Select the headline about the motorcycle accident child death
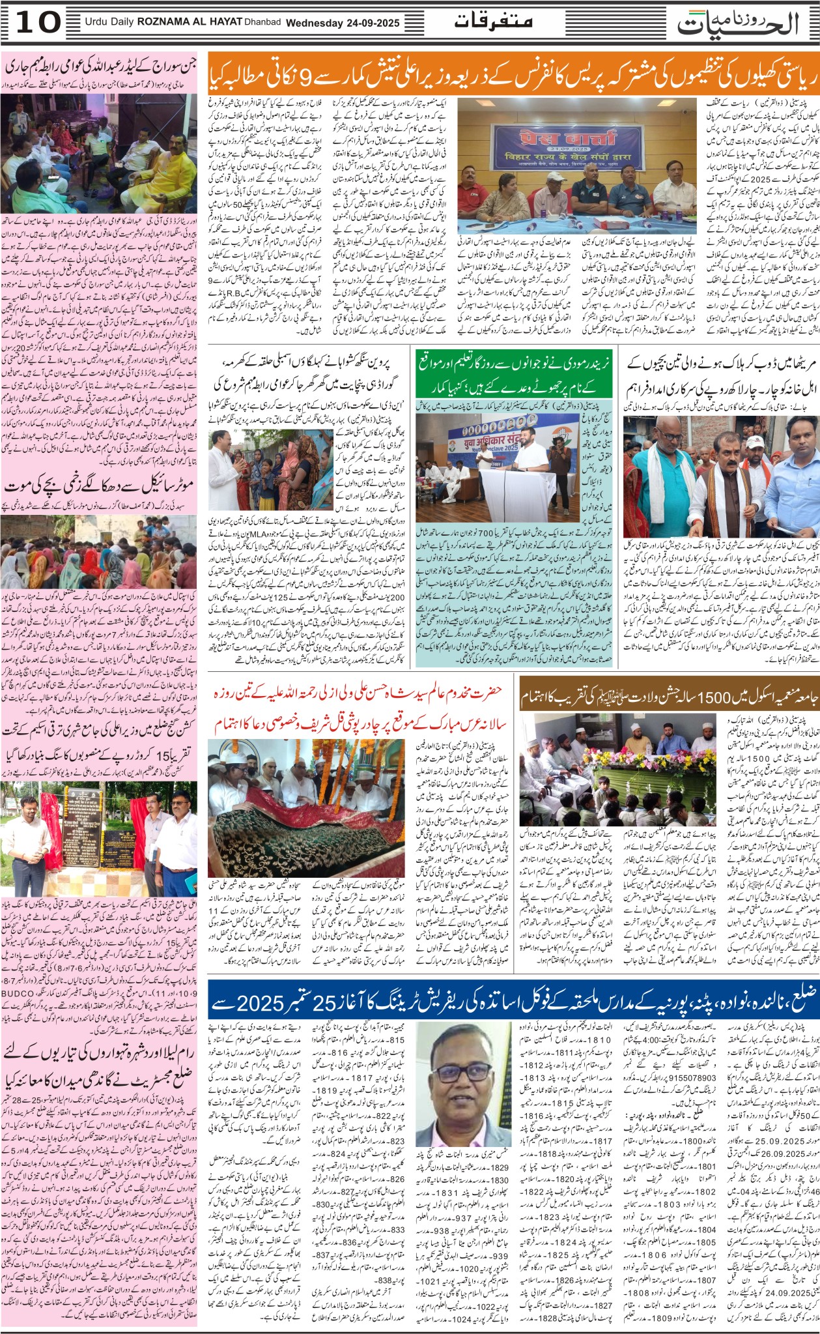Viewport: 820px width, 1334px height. pos(101,486)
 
